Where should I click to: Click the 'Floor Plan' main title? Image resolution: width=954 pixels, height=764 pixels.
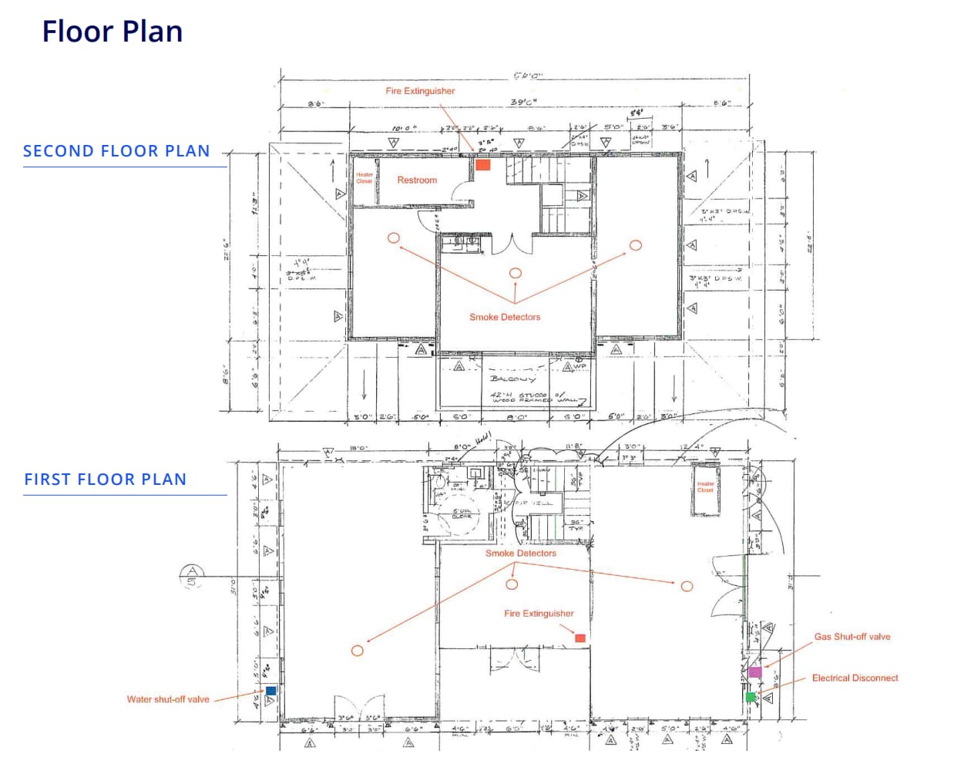click(113, 32)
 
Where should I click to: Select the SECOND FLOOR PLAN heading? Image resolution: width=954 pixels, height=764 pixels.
click(116, 151)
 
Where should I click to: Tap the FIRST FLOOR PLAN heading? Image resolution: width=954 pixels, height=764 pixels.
click(106, 480)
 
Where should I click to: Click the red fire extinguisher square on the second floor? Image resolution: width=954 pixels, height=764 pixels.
click(483, 164)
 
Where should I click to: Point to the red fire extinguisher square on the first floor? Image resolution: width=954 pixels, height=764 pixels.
click(580, 638)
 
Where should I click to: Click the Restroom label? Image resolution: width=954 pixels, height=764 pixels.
click(417, 180)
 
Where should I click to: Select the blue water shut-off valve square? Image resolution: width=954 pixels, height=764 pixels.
click(271, 691)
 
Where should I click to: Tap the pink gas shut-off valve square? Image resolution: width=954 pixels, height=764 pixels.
click(755, 671)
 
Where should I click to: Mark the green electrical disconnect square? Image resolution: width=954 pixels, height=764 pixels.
click(751, 697)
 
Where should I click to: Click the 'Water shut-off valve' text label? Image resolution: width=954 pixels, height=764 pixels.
click(168, 699)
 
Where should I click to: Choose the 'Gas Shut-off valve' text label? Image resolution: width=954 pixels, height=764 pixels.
click(852, 637)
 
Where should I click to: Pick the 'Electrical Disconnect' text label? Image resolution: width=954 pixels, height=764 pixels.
click(855, 678)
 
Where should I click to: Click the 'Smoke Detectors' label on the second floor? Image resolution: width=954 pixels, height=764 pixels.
click(505, 317)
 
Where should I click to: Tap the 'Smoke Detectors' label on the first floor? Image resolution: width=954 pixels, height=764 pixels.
click(520, 554)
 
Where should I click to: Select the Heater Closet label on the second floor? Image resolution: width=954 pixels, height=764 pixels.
click(364, 178)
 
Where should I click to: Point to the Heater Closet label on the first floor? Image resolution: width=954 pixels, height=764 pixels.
click(705, 487)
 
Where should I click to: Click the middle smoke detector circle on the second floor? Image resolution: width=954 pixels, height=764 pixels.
click(516, 273)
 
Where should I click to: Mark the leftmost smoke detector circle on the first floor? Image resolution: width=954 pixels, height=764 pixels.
click(358, 651)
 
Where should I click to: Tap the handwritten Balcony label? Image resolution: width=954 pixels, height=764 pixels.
click(512, 379)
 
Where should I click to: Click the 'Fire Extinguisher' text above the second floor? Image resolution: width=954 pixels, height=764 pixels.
click(420, 91)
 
